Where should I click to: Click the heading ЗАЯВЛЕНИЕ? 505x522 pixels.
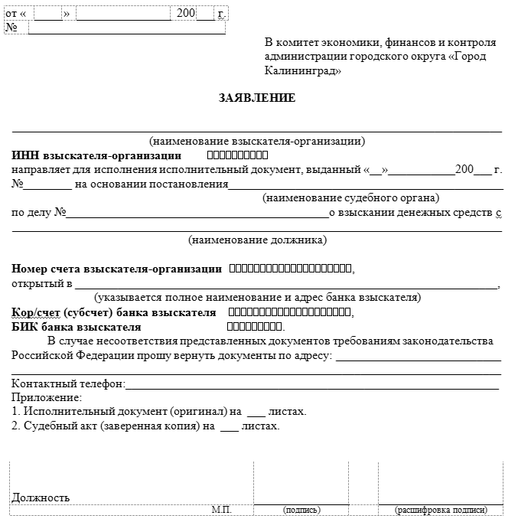256,98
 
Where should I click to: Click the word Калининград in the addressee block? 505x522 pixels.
303,70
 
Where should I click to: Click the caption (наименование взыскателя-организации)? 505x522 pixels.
257,141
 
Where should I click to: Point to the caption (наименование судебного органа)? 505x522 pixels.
350,197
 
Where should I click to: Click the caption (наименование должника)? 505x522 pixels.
257,240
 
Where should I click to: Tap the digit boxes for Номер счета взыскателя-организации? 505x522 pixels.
291,269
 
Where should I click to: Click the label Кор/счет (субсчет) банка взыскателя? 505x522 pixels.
114,313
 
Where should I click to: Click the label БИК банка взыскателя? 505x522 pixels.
77,327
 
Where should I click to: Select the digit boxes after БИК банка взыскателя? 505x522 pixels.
256,327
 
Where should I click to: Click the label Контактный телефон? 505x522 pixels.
67,384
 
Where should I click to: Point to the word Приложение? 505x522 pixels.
46,397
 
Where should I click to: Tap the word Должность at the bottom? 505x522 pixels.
41,498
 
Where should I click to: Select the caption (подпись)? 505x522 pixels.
301,510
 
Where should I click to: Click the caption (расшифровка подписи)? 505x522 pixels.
440,510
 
